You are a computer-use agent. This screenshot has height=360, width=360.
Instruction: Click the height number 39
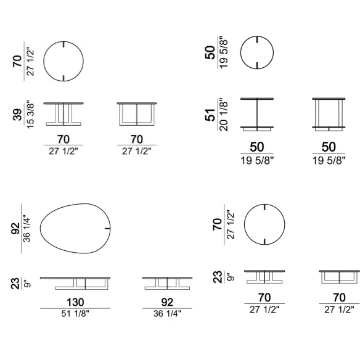click(x=17, y=115)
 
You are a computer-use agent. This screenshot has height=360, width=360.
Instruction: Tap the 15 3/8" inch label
click(x=30, y=114)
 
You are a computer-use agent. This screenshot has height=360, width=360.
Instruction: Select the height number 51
click(x=210, y=115)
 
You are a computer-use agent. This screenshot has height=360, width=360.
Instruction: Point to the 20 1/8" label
click(x=223, y=115)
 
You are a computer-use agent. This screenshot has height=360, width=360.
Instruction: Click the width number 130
click(x=75, y=302)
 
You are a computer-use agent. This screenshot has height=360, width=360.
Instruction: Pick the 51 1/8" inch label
click(x=75, y=314)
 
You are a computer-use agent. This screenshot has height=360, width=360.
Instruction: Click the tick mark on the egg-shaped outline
click(x=107, y=229)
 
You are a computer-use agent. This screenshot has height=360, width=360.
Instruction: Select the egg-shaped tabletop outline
click(x=40, y=229)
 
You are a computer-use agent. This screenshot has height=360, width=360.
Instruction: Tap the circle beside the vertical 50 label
click(x=240, y=52)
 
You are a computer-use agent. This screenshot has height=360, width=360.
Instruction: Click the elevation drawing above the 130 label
click(x=75, y=278)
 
